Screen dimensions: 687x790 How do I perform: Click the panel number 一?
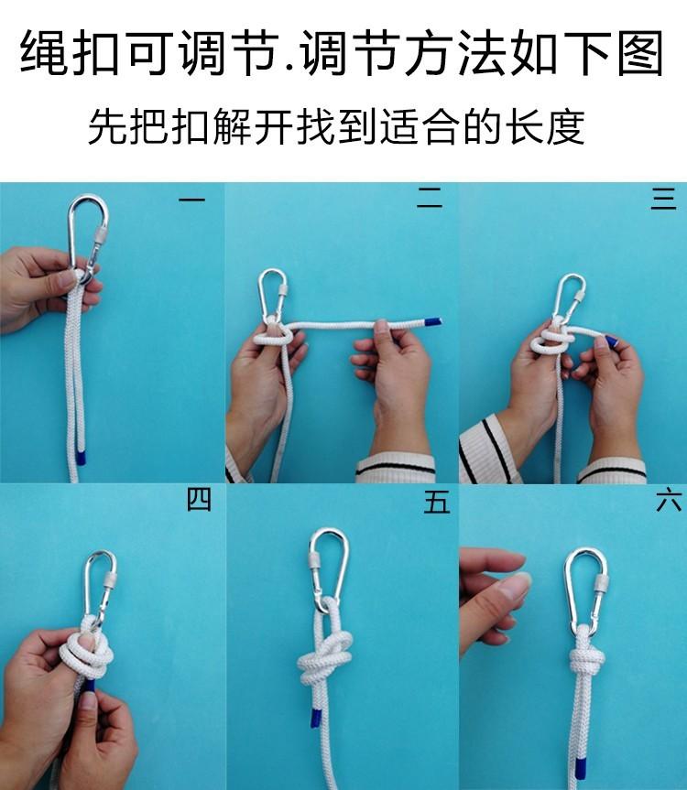pyautogui.click(x=191, y=200)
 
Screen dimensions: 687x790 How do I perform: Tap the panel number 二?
pyautogui.click(x=429, y=198)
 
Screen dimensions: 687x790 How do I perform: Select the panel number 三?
pyautogui.click(x=663, y=198)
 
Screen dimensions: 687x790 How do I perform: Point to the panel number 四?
pyautogui.click(x=199, y=499)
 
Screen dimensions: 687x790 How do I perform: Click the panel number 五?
pyautogui.click(x=437, y=502)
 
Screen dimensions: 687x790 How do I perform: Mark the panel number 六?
pyautogui.click(x=669, y=501)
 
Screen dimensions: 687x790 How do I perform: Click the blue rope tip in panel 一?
pyautogui.click(x=81, y=458)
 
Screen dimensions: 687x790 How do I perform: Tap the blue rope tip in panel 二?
pyautogui.click(x=433, y=321)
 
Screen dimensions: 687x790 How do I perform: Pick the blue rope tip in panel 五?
pyautogui.click(x=314, y=717)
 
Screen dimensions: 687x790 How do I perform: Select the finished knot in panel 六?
pyautogui.click(x=586, y=660)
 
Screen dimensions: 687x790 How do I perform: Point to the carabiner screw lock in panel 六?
pyautogui.click(x=600, y=584)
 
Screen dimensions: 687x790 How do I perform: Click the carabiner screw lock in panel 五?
pyautogui.click(x=314, y=559)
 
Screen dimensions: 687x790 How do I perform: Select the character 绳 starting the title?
pyautogui.click(x=44, y=53)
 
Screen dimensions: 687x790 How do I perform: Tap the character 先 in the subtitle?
pyautogui.click(x=107, y=126)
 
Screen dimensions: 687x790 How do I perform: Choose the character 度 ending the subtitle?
pyautogui.click(x=565, y=126)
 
